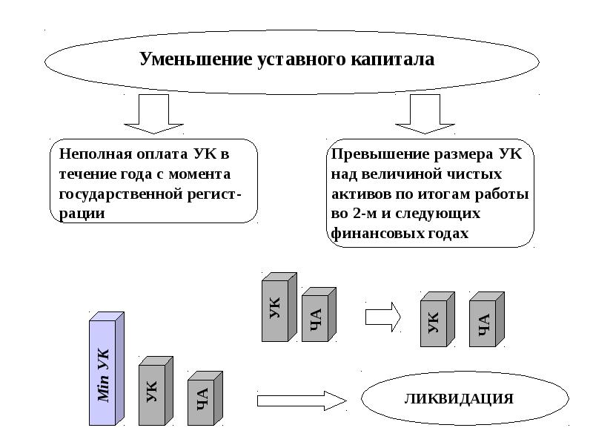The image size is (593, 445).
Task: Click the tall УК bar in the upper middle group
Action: (276, 308)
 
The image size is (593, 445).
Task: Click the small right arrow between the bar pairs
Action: (382, 316)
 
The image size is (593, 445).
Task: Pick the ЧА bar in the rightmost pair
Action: (485, 320)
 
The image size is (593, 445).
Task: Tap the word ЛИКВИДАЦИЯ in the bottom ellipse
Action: (459, 399)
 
